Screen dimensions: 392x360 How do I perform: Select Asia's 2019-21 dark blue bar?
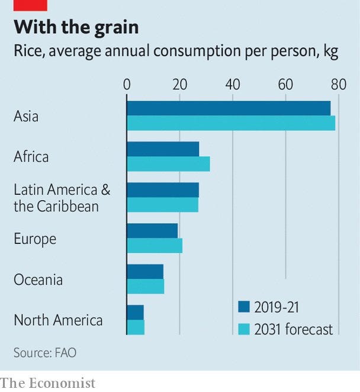tap(229, 108)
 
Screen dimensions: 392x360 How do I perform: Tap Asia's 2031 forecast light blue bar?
tap(231, 123)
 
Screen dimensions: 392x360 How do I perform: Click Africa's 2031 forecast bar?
tap(168, 164)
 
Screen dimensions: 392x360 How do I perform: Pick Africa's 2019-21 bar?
tap(163, 149)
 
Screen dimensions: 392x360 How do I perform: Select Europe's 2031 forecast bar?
tap(155, 245)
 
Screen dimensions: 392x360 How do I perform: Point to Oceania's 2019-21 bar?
tap(145, 271)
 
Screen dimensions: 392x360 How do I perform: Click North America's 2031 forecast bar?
tap(136, 327)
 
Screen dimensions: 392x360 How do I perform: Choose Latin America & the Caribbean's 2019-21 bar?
tap(163, 189)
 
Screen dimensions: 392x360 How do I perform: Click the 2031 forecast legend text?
tap(294, 329)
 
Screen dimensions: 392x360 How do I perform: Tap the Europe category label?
tap(35, 239)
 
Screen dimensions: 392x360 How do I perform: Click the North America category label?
tap(58, 320)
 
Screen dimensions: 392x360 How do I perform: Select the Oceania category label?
tap(38, 279)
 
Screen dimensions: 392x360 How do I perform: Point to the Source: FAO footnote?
tap(45, 353)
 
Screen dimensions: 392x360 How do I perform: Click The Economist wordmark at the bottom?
tap(47, 383)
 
